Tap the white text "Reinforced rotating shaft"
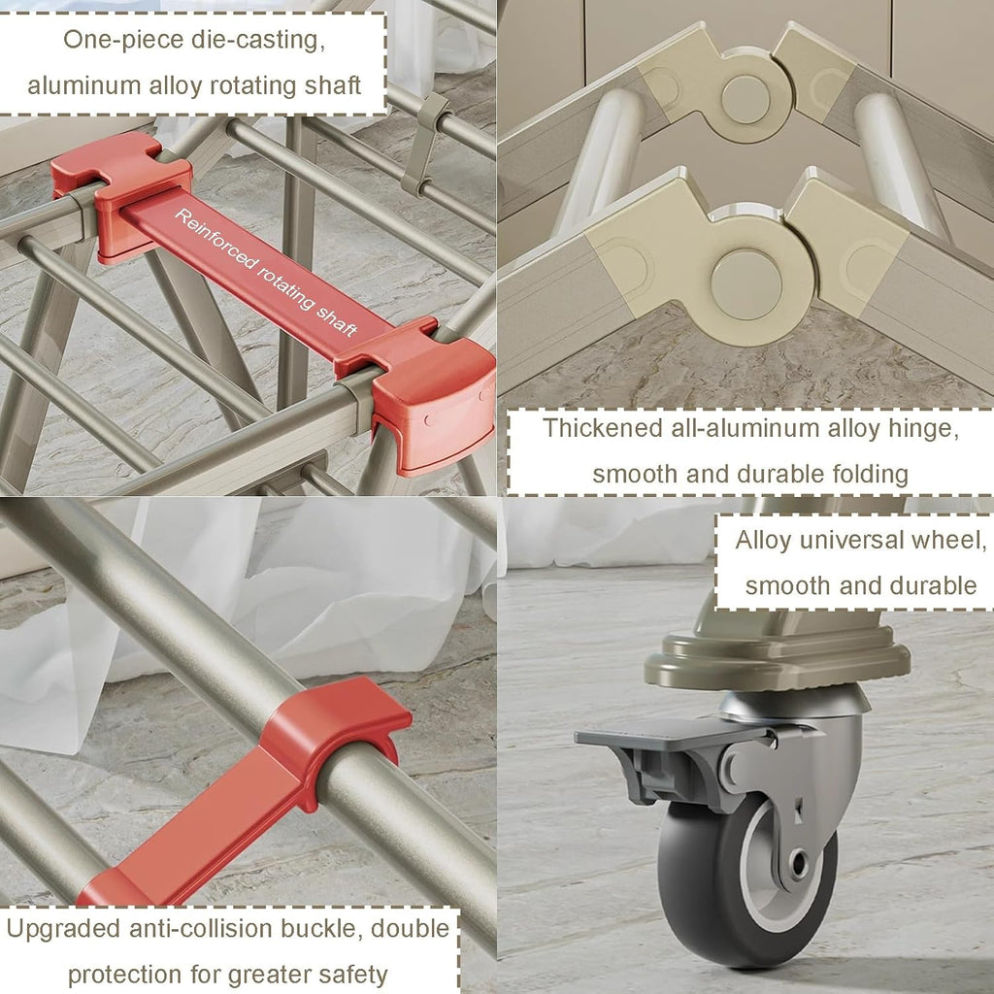[x=266, y=272]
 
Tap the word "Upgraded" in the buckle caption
[x=63, y=929]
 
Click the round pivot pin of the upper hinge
[x=745, y=100]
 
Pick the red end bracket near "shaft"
[x=421, y=393]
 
